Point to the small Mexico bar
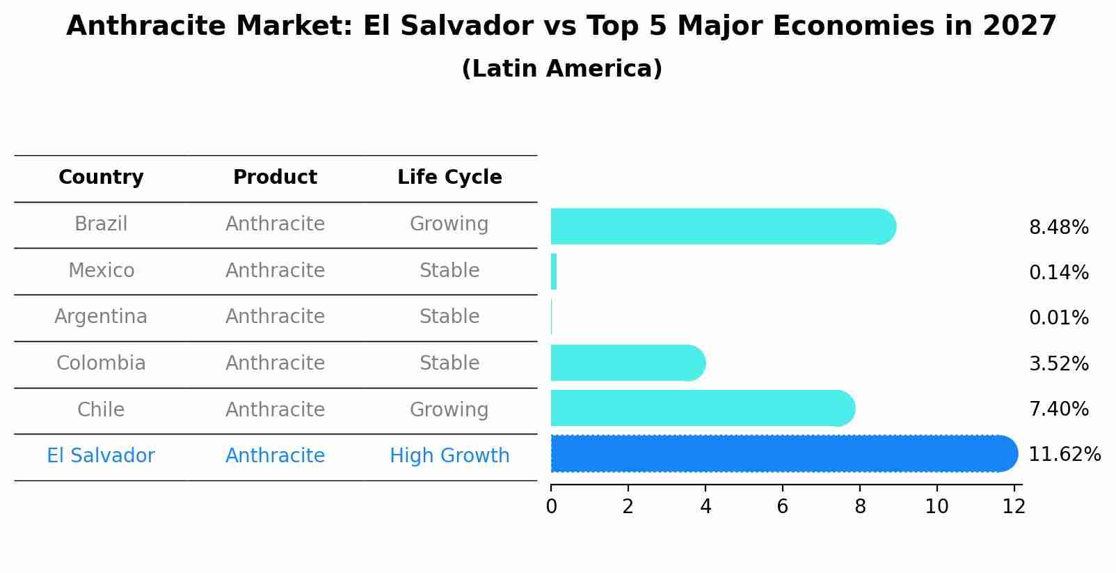coord(554,272)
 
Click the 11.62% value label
coord(1064,455)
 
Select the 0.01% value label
coord(1058,318)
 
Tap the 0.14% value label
coord(1058,272)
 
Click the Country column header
coord(101,178)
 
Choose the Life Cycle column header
coord(449,178)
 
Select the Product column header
coord(275,178)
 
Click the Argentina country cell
coord(101,317)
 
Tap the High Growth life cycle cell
coord(449,456)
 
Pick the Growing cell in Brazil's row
coord(449,224)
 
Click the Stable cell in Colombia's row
coord(449,363)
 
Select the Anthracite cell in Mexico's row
coord(275,270)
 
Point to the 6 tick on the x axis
coord(783,506)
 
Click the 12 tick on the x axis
coord(1014,506)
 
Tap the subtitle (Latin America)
coord(561,69)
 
